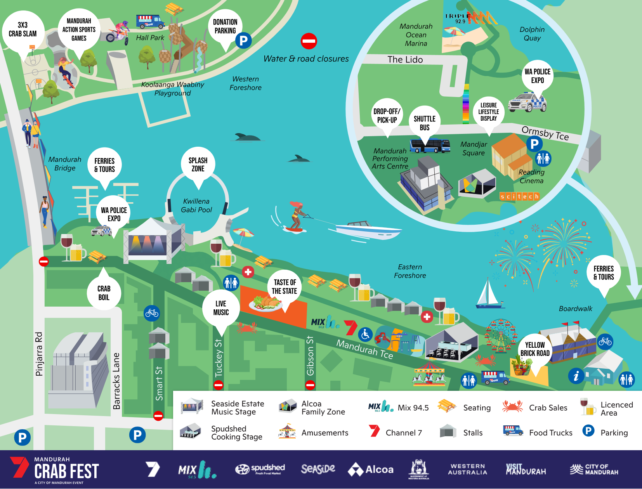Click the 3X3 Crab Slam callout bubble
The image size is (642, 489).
(23, 30)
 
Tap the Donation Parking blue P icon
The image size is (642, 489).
(243, 40)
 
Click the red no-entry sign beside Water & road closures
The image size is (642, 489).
(309, 41)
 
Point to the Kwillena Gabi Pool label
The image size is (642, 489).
(196, 206)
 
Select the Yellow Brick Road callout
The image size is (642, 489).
(535, 349)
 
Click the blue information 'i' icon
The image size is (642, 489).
(576, 376)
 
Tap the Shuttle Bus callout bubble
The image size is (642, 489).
(425, 123)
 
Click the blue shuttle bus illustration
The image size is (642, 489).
(430, 146)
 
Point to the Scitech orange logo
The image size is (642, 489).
(519, 196)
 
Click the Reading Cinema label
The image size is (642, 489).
(531, 177)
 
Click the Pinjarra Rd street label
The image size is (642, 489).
(39, 354)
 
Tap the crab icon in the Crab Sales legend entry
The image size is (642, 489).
(512, 406)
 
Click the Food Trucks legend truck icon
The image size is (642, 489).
(513, 430)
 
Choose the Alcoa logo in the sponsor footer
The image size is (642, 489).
(371, 470)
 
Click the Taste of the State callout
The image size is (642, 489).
(285, 287)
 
